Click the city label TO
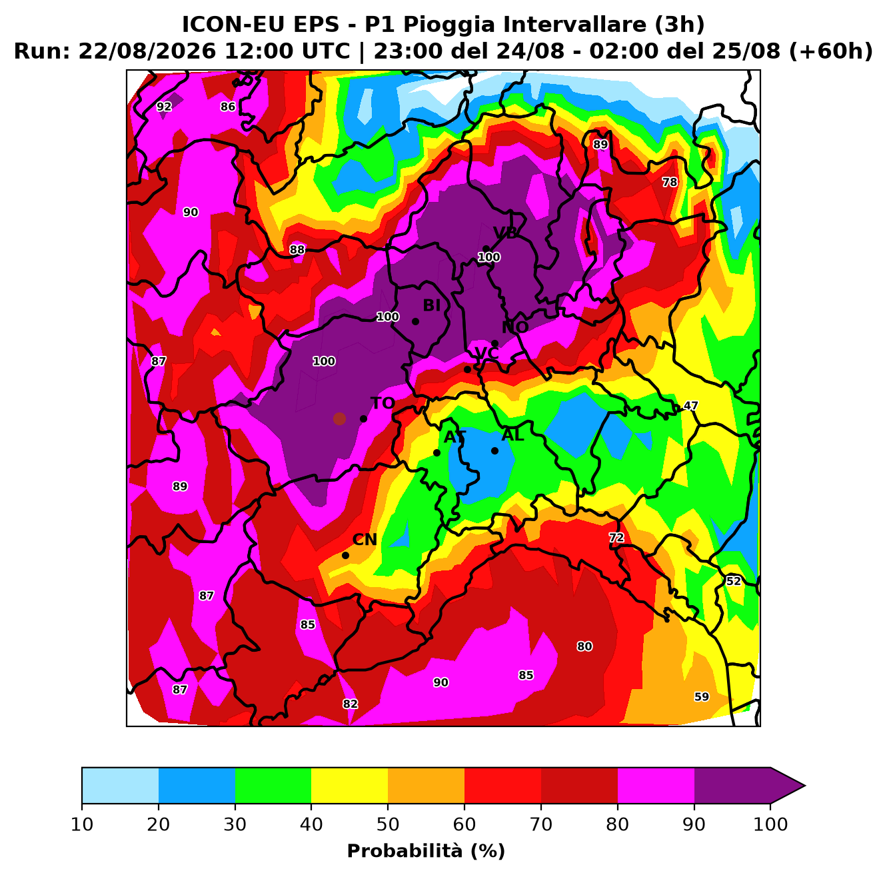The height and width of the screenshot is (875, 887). click(x=383, y=403)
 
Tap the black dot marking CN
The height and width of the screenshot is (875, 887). click(x=345, y=555)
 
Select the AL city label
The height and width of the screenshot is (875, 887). click(x=512, y=435)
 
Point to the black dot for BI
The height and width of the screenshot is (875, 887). click(x=415, y=321)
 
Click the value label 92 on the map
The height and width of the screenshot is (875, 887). click(x=164, y=107)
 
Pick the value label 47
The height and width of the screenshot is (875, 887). click(x=690, y=406)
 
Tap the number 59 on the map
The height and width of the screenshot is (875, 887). click(x=702, y=697)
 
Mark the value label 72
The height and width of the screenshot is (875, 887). click(x=616, y=537)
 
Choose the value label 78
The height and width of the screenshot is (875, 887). click(x=670, y=183)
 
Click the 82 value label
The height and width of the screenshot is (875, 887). click(x=351, y=704)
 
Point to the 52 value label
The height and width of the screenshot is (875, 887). click(x=733, y=581)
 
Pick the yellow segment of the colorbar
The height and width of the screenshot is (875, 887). click(x=349, y=786)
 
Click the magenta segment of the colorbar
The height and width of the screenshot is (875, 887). click(x=656, y=786)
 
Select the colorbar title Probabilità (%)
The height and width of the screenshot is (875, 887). click(x=426, y=851)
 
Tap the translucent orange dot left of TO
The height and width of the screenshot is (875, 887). click(x=339, y=419)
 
